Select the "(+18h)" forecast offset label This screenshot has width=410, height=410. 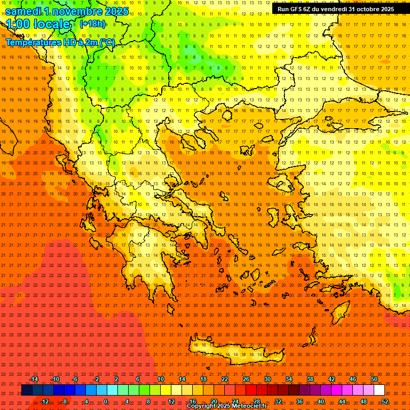click(92, 23)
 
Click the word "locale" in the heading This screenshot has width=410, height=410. click(51, 24)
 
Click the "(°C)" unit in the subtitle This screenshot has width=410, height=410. click(107, 42)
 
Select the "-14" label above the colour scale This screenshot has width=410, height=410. click(33, 379)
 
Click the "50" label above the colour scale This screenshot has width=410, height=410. click(374, 379)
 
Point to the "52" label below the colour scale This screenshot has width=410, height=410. click(385, 401)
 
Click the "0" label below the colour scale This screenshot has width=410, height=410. click(106, 401)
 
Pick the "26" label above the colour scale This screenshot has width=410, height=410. click(246, 379)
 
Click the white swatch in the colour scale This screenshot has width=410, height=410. click(380, 390)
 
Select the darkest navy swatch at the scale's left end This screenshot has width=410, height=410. click(27, 390)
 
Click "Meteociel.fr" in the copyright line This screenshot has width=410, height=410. click(248, 406)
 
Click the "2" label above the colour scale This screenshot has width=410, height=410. click(116, 379)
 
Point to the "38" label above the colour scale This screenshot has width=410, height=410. click(310, 379)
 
